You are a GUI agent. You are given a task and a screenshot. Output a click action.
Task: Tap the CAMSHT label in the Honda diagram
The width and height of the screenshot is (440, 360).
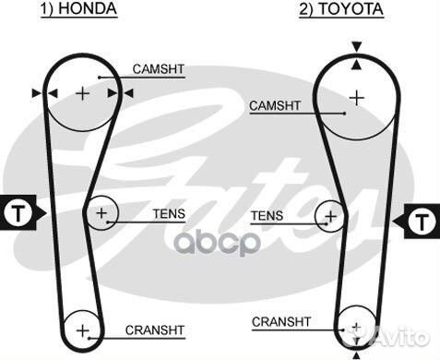pyautogui.click(x=157, y=69)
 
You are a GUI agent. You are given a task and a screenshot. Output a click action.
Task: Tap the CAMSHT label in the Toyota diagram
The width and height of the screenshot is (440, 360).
pyautogui.click(x=272, y=106)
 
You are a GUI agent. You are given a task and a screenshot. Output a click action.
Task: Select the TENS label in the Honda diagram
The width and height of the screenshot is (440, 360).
pyautogui.click(x=169, y=214)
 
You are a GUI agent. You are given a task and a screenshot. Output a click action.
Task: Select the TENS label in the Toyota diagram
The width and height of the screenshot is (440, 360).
pyautogui.click(x=268, y=216)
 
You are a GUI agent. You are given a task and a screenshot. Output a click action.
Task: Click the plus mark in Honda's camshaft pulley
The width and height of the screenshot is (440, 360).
pyautogui.click(x=83, y=93)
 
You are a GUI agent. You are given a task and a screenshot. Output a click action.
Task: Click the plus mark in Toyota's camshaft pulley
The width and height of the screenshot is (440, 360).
pyautogui.click(x=357, y=96)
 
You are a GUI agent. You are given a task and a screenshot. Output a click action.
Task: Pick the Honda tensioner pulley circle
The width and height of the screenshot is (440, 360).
pyautogui.click(x=101, y=215)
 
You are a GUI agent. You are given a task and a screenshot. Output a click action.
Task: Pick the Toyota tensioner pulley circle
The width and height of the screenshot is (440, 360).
pyautogui.click(x=328, y=218)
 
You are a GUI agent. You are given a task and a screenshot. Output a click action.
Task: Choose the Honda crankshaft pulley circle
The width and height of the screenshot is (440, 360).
pyautogui.click(x=83, y=330)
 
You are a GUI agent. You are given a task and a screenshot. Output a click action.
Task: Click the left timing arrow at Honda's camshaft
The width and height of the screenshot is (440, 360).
pyautogui.click(x=37, y=92)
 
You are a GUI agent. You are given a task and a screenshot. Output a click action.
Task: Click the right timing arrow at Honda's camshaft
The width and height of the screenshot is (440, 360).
pyautogui.click(x=127, y=92)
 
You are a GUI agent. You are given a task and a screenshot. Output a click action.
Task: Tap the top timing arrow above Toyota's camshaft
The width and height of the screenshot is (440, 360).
pyautogui.click(x=357, y=46)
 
